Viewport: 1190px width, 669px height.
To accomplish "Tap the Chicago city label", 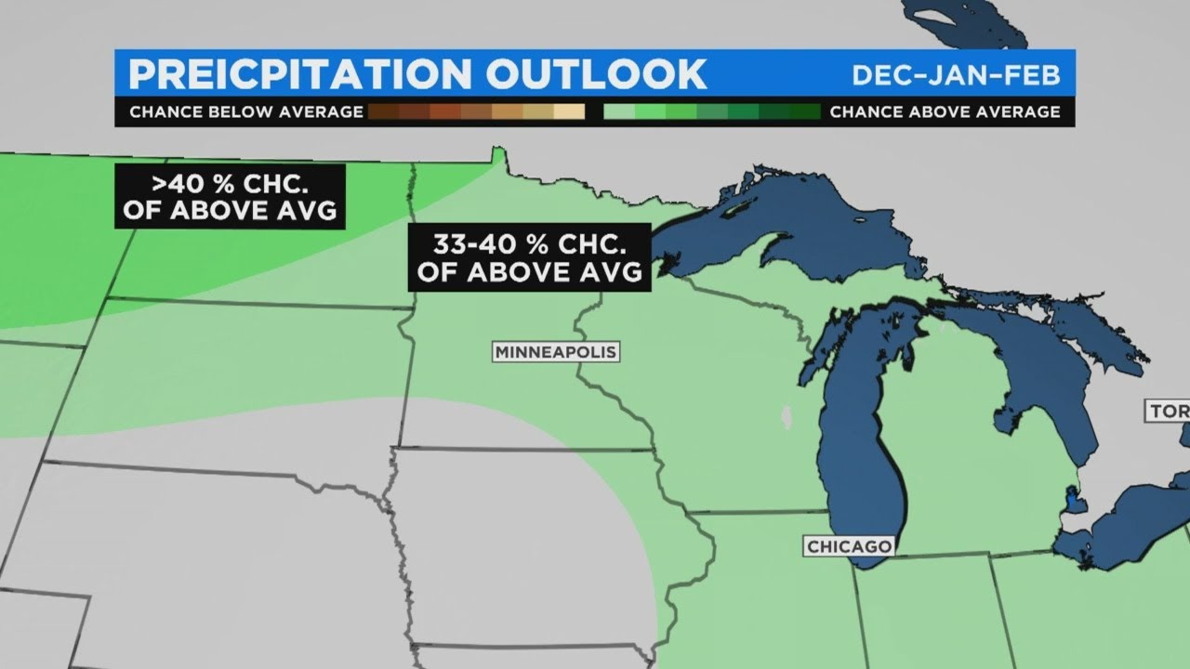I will pos(849,546).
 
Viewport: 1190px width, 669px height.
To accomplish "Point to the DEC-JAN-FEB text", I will pos(956,74).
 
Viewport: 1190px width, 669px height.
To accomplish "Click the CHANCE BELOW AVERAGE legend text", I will pos(245,112).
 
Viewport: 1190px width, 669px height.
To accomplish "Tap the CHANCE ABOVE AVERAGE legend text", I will pos(945,112).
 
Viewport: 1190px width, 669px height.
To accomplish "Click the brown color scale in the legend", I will pos(477,112).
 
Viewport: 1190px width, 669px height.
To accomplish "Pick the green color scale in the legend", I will pos(711,112).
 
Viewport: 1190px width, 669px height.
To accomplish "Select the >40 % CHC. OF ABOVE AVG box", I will pos(230,196).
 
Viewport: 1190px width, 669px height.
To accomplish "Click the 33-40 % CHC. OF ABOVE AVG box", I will pos(529,257).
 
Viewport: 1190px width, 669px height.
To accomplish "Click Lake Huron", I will pos(1041,372).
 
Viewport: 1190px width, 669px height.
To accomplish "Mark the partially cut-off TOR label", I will pos(1169,411).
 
